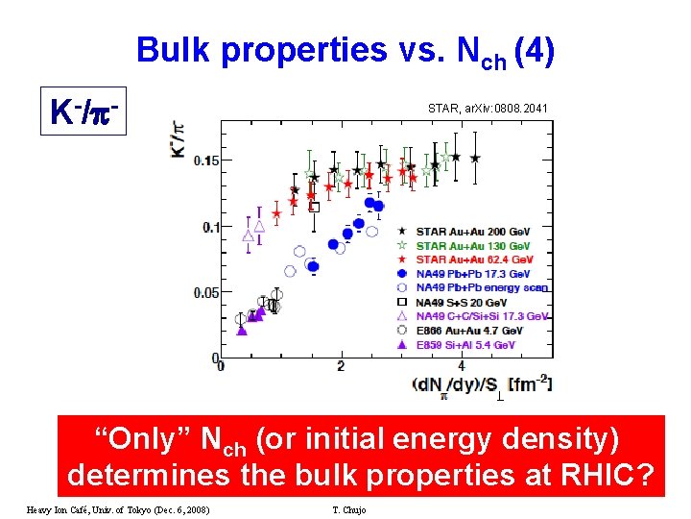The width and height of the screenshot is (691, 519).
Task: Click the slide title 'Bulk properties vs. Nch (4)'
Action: pyautogui.click(x=345, y=50)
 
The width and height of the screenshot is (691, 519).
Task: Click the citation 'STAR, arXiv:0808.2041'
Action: pyautogui.click(x=488, y=110)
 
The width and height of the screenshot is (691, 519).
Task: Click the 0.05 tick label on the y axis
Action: pyautogui.click(x=204, y=292)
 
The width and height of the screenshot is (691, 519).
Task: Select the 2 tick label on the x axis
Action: pyautogui.click(x=341, y=366)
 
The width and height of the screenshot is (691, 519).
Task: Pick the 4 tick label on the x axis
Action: pyautogui.click(x=462, y=366)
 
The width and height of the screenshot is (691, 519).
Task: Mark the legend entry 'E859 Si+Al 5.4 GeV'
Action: pyautogui.click(x=465, y=344)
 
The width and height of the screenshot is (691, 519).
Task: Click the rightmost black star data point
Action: pyautogui.click(x=475, y=158)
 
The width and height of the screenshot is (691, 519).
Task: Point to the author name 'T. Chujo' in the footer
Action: pyautogui.click(x=346, y=508)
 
